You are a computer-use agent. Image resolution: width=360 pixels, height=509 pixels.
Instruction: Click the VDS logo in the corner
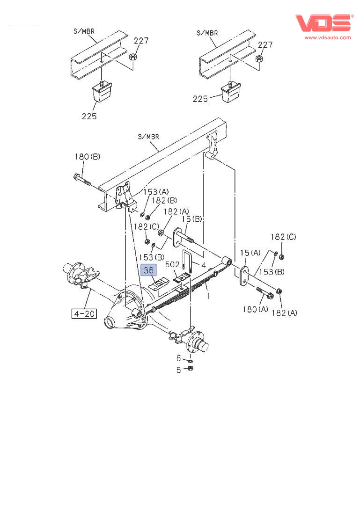click(323, 23)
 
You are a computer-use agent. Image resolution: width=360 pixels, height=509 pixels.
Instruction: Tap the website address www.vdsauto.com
click(328, 37)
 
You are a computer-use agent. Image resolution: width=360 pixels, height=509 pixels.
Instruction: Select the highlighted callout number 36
click(148, 270)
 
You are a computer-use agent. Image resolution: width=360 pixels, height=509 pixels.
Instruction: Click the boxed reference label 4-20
click(84, 313)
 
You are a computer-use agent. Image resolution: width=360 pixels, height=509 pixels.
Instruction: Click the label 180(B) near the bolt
click(87, 157)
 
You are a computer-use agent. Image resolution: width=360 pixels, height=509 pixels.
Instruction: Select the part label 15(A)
click(250, 253)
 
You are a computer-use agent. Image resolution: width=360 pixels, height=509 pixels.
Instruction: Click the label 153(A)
click(157, 192)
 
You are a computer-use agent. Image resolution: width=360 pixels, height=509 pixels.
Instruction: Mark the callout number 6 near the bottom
click(178, 358)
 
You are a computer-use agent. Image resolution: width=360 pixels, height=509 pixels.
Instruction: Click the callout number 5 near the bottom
click(178, 370)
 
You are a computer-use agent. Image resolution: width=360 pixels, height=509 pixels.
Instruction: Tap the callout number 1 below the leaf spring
click(209, 296)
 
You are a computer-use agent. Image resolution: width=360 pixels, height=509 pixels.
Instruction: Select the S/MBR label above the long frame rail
click(148, 137)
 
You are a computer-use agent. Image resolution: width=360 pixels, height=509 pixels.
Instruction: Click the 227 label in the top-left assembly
click(141, 41)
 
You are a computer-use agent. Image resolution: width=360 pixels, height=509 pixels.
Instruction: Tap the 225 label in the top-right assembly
click(200, 99)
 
